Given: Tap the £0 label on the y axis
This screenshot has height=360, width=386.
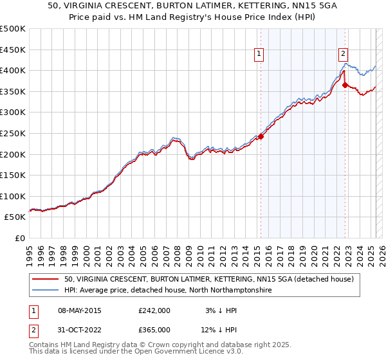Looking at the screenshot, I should click(19, 238).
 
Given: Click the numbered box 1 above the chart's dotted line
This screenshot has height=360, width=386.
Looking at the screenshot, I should click(259, 55).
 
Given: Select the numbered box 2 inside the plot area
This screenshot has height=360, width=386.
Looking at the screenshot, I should click(344, 55).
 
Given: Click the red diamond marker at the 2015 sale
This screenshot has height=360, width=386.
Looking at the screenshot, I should click(261, 136).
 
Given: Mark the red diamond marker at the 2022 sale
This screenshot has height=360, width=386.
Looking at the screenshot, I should click(345, 85).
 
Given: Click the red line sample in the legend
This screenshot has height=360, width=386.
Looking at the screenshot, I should click(46, 279).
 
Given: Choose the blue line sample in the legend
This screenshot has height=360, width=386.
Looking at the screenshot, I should click(46, 291).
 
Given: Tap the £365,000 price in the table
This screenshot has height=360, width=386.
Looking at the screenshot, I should click(154, 330).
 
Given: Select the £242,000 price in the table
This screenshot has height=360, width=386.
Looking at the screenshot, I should click(154, 310).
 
